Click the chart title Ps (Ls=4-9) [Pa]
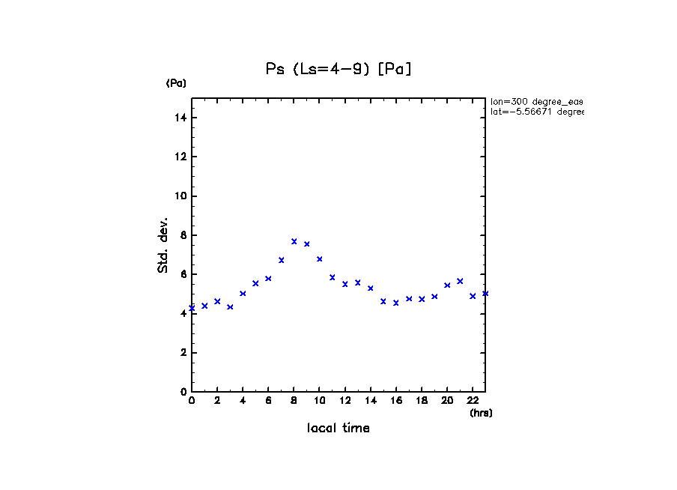click(x=338, y=70)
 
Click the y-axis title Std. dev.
click(x=163, y=245)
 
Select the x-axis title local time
click(x=338, y=429)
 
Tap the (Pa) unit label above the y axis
click(x=176, y=83)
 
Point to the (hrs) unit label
click(x=481, y=413)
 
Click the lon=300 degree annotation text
click(x=536, y=101)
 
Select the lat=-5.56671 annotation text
click(x=536, y=112)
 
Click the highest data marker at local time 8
click(x=294, y=241)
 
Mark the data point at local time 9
click(x=307, y=244)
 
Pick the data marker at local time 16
click(x=396, y=303)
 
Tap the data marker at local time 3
click(x=230, y=306)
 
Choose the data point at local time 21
click(x=460, y=281)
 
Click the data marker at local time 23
click(x=485, y=293)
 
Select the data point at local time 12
click(x=345, y=284)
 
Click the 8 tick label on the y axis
click(x=183, y=235)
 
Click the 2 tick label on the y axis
click(x=183, y=353)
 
